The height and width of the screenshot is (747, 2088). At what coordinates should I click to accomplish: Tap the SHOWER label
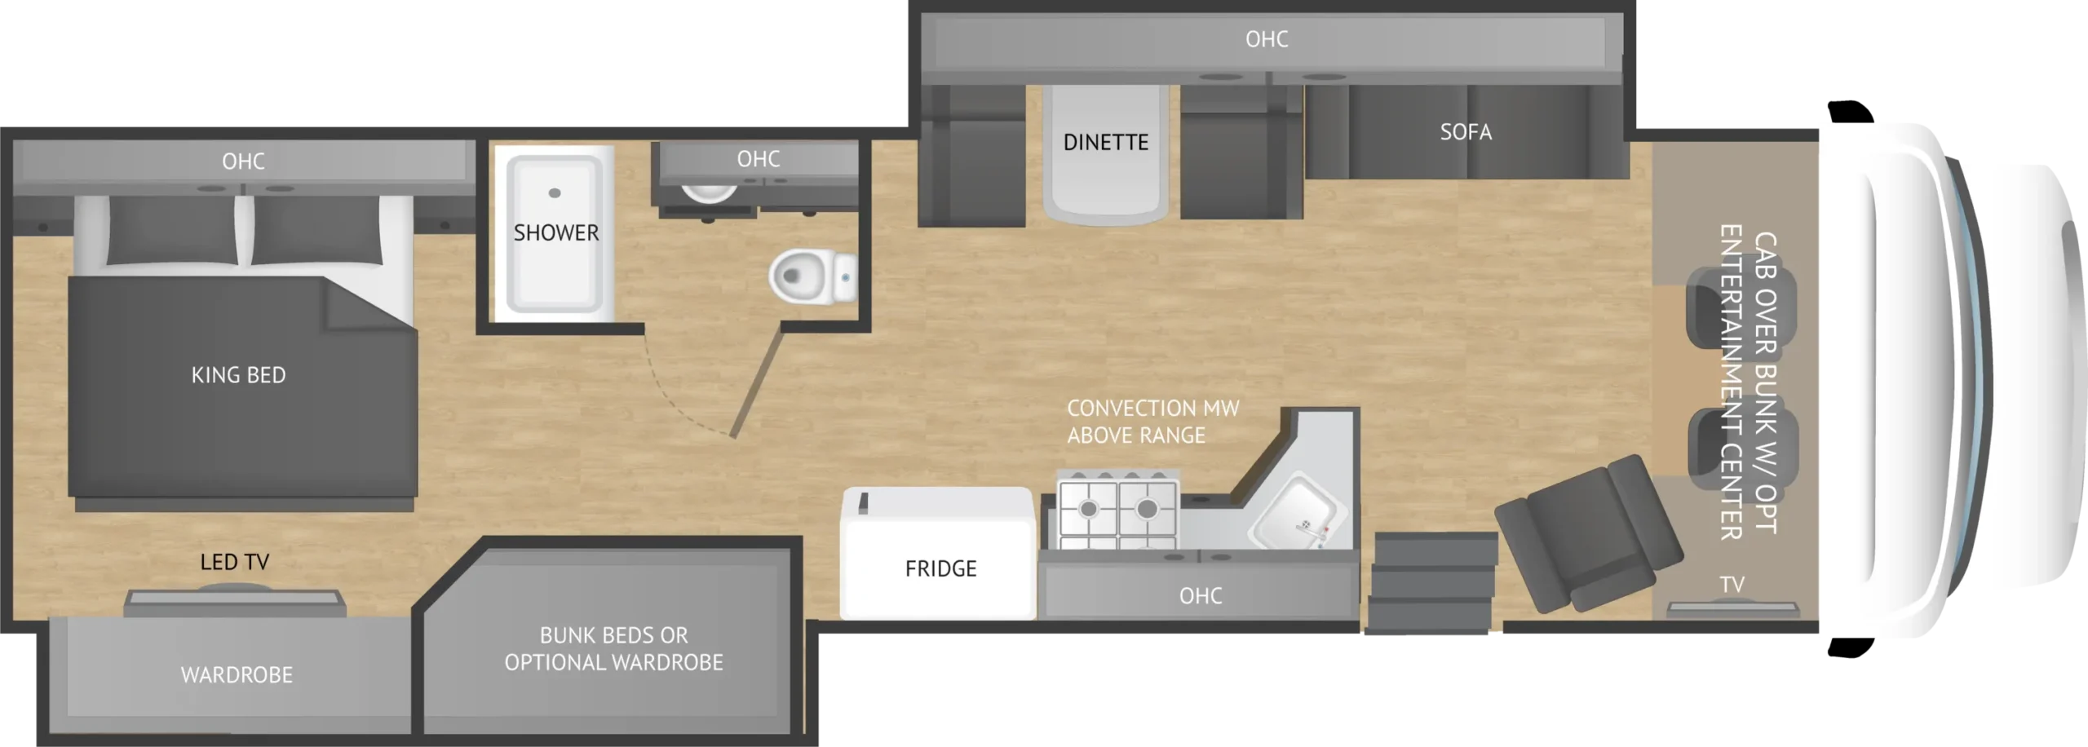click(556, 233)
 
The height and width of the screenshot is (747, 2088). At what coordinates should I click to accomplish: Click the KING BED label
click(238, 375)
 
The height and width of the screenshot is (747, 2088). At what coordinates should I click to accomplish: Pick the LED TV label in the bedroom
click(235, 562)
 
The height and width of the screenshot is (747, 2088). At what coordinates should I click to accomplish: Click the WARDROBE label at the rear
click(237, 675)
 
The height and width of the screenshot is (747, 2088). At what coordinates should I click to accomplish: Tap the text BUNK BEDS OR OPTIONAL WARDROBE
click(613, 649)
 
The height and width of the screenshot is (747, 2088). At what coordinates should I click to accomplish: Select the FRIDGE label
click(940, 568)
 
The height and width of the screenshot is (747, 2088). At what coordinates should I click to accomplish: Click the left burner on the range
click(1088, 509)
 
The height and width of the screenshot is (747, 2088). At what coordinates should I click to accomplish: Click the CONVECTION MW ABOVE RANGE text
click(1152, 422)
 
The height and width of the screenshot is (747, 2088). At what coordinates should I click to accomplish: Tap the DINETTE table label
click(1105, 143)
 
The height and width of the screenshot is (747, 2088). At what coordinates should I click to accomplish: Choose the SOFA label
click(1466, 132)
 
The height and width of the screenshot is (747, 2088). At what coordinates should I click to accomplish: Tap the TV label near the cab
click(1732, 585)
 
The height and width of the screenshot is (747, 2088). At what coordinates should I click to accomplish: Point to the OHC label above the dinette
click(1267, 39)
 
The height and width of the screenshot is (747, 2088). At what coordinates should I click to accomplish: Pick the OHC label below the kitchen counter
click(1201, 596)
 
